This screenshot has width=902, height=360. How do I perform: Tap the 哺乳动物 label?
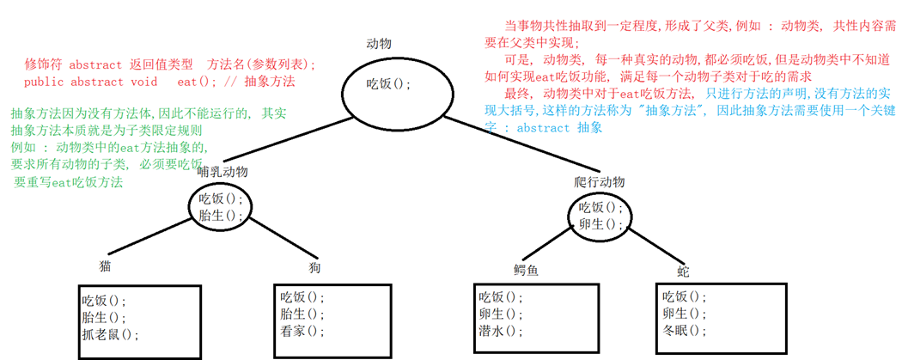[222, 172]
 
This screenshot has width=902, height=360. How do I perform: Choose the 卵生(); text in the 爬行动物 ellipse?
[600, 223]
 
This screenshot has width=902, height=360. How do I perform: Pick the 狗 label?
[314, 268]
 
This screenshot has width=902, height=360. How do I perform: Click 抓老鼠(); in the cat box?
[110, 334]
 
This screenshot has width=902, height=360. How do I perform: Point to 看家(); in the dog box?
[303, 331]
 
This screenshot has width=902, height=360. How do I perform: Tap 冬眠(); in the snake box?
[685, 331]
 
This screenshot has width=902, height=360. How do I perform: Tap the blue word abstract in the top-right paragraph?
[545, 128]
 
